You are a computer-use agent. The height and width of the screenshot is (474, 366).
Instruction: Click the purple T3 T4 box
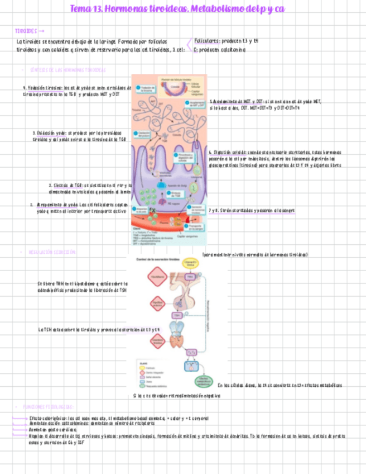pyautogui.click(x=191, y=352)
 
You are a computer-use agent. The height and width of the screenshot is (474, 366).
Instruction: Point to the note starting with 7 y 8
pyautogui.click(x=251, y=210)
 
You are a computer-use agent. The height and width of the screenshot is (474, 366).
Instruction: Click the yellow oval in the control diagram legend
pyautogui.click(x=142, y=368)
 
